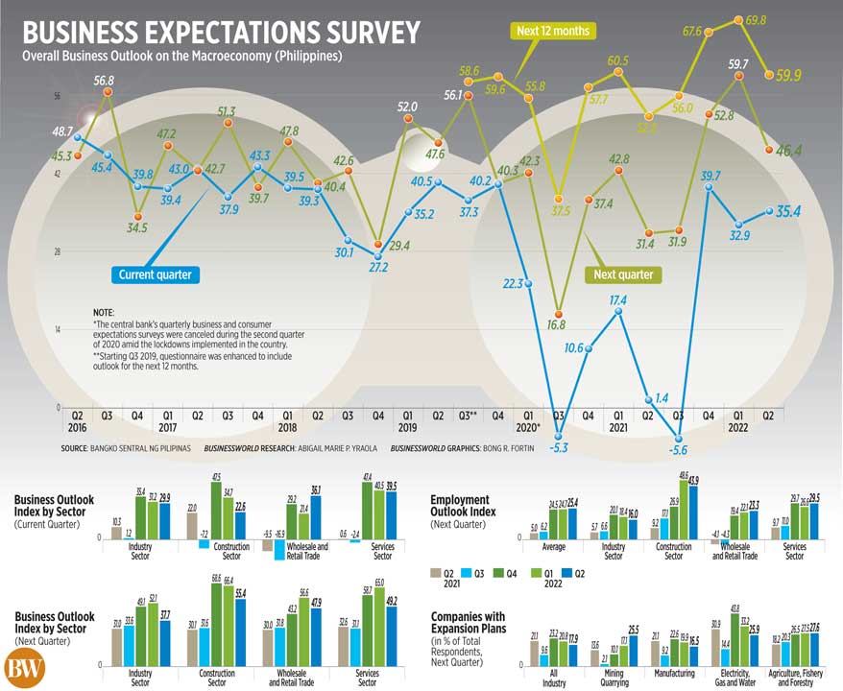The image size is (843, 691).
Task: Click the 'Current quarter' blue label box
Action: (155, 275)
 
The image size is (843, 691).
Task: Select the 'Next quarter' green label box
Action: (623, 275)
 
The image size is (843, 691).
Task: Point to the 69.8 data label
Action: (755, 19)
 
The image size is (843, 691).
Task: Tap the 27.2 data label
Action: (377, 267)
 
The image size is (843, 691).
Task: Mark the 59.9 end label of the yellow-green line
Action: (789, 75)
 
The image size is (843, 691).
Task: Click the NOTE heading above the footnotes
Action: (104, 314)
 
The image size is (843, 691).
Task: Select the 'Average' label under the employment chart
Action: (550, 551)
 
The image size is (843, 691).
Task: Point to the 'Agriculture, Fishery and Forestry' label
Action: (796, 679)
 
